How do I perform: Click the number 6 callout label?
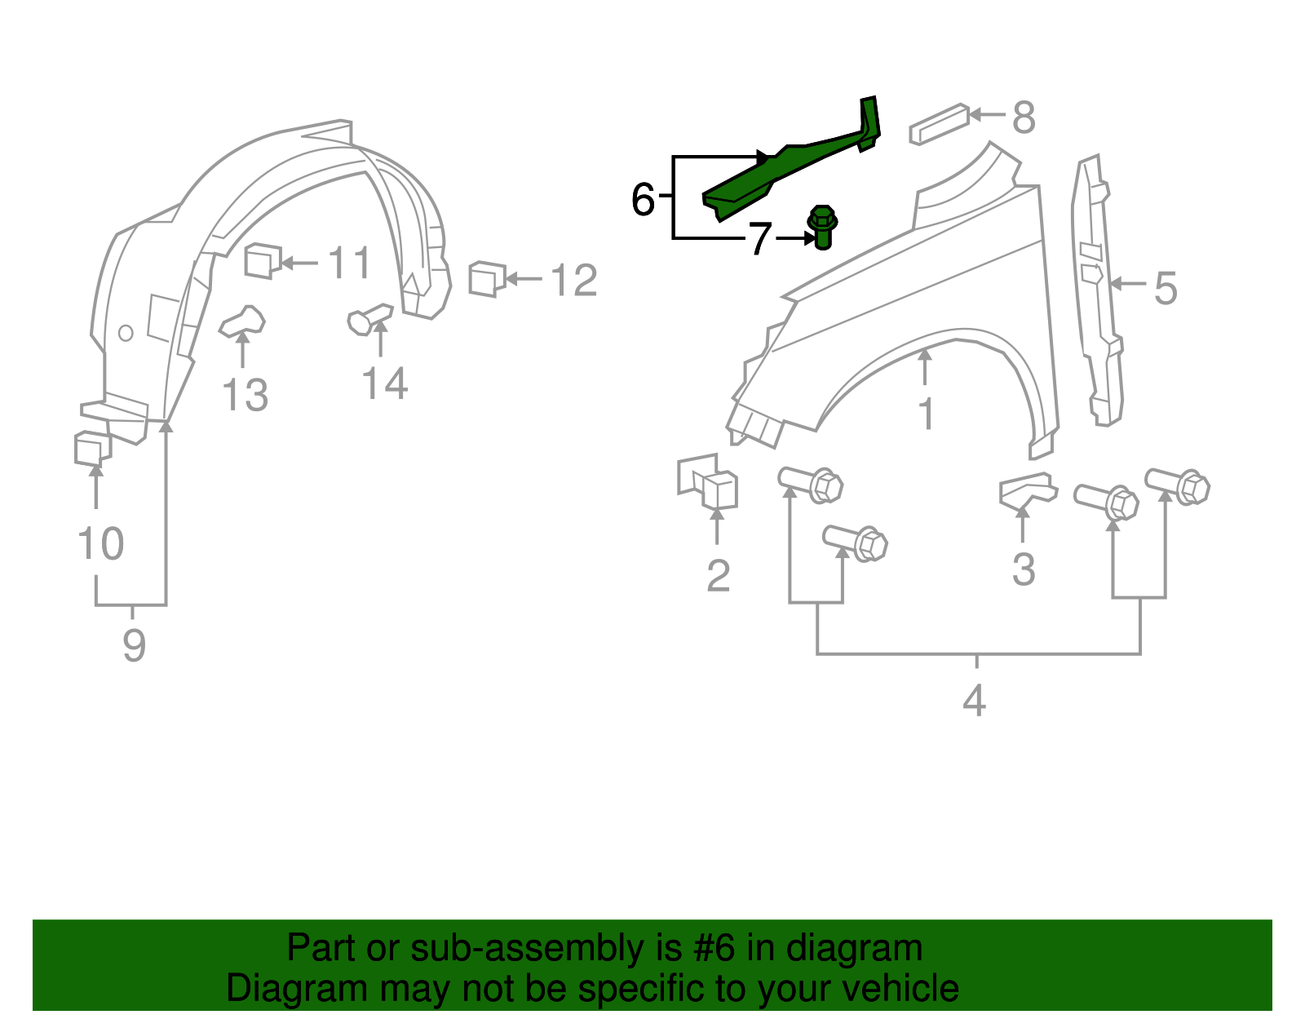[643, 199]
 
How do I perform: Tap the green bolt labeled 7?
[822, 227]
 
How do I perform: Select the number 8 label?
[1024, 117]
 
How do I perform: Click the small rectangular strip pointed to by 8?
[939, 123]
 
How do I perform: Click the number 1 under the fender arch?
[926, 414]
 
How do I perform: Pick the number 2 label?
[718, 576]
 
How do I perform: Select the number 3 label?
[1024, 569]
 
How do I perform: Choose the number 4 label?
[975, 700]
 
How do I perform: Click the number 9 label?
[134, 645]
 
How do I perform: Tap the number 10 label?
[100, 544]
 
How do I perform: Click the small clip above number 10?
[91, 449]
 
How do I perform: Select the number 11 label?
[349, 264]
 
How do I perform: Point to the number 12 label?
[574, 281]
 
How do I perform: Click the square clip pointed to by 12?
[486, 279]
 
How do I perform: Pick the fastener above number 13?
[242, 321]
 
